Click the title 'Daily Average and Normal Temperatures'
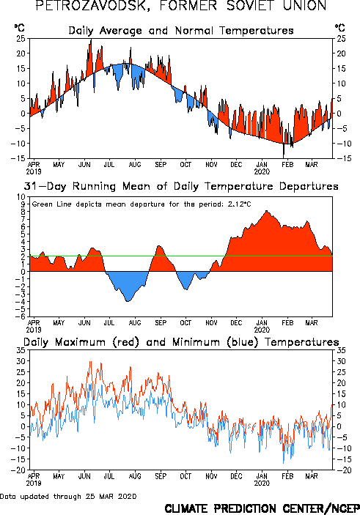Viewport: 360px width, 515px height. [x=181, y=31]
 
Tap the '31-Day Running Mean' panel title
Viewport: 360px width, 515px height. [x=181, y=186]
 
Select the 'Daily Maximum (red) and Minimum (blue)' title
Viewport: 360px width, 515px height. [x=181, y=342]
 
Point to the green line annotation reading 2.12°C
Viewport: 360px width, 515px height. [x=142, y=204]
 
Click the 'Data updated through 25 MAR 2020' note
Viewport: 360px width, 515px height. [x=68, y=496]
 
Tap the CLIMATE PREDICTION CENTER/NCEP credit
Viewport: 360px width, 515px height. [x=262, y=508]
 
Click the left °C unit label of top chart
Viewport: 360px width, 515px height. [x=19, y=28]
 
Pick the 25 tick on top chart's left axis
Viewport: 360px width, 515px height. [x=21, y=39]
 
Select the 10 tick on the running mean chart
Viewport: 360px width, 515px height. [x=21, y=197]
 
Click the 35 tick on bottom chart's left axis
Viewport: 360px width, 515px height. [x=21, y=350]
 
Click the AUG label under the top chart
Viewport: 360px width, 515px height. [x=135, y=165]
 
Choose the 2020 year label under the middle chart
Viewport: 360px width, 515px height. [x=262, y=330]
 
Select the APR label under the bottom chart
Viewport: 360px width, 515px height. [x=34, y=476]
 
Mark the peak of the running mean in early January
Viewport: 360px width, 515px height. [x=266, y=211]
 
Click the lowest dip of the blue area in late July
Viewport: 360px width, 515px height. [x=128, y=301]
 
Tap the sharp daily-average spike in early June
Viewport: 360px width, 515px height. [x=91, y=40]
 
